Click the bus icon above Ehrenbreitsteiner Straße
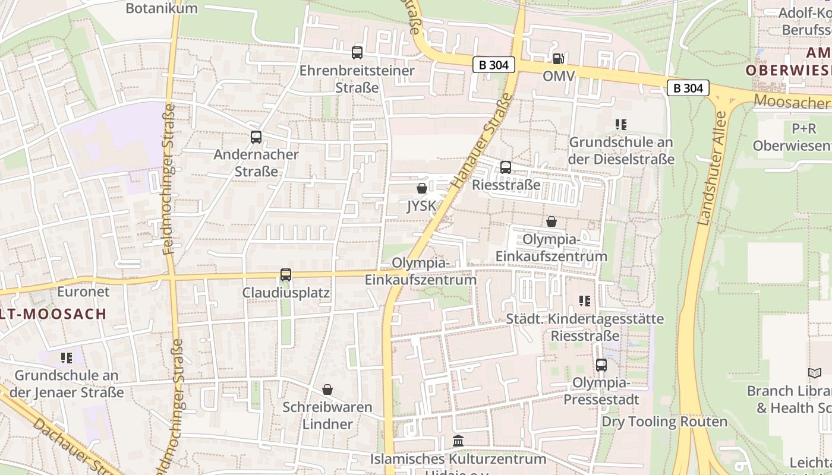pyautogui.click(x=357, y=53)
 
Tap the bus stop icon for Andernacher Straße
pyautogui.click(x=256, y=137)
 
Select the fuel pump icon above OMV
pyautogui.click(x=558, y=58)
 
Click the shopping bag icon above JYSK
pyautogui.click(x=422, y=189)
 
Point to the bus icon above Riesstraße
pyautogui.click(x=506, y=167)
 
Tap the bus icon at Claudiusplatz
pyautogui.click(x=286, y=275)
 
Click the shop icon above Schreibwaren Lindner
pyautogui.click(x=327, y=389)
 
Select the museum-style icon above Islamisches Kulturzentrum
pyautogui.click(x=458, y=441)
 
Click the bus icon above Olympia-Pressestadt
pyautogui.click(x=601, y=365)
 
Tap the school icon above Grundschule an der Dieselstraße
pyautogui.click(x=621, y=125)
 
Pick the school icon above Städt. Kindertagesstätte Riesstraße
pyautogui.click(x=585, y=301)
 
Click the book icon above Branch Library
pyautogui.click(x=815, y=373)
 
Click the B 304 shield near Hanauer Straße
pyautogui.click(x=494, y=65)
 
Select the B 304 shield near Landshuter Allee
pyautogui.click(x=688, y=88)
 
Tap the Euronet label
pyautogui.click(x=83, y=292)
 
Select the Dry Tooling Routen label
pyautogui.click(x=664, y=422)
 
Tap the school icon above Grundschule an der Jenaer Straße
pyautogui.click(x=66, y=358)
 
